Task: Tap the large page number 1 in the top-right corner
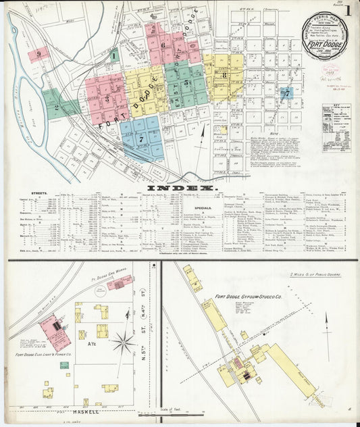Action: click(x=348, y=11)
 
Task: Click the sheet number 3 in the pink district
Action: click(x=106, y=98)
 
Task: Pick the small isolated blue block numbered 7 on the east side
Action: click(x=286, y=92)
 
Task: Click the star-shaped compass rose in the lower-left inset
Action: click(x=124, y=343)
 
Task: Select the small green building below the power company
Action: click(x=63, y=365)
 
